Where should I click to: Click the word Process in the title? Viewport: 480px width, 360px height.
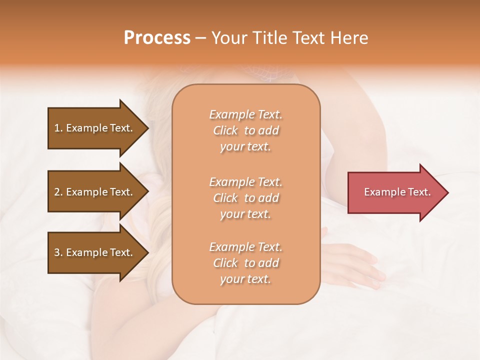coord(157,38)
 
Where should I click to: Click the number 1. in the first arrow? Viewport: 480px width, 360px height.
coord(58,128)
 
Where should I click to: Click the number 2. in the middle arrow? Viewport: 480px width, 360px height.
coord(58,192)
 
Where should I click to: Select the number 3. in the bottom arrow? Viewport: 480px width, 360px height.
coord(58,252)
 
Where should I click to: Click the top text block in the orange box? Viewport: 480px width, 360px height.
coord(246,130)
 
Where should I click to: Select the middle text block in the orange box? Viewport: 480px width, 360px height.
coord(246,198)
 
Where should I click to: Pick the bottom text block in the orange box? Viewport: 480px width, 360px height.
coord(246,263)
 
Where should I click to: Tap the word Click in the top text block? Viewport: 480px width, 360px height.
coord(225,130)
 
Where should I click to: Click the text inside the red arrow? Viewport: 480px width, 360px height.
coord(397,192)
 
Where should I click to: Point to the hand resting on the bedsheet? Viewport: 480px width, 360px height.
coord(352,262)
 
